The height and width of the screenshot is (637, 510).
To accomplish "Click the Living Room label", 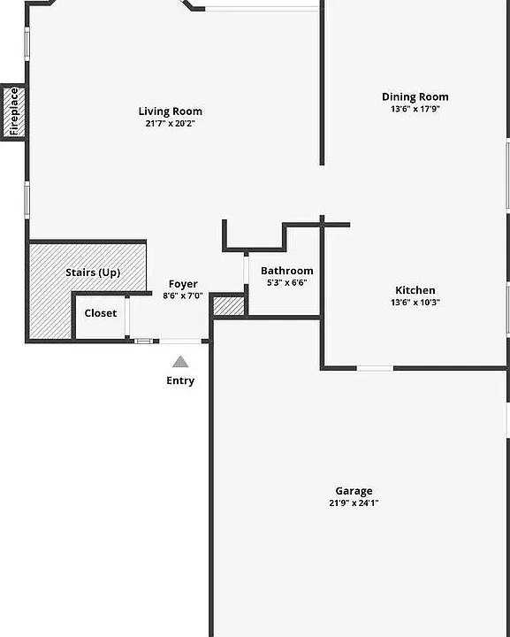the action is pos(171,111).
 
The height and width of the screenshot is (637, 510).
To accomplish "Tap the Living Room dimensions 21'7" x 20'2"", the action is pos(171,123).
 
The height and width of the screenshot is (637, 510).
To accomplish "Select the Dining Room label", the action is pos(415,96).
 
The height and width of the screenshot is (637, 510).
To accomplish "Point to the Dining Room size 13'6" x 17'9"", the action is pos(415,109).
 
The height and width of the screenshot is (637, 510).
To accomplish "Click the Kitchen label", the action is pos(415,290).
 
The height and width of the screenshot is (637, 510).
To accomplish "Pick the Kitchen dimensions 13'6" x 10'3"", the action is pos(415,303).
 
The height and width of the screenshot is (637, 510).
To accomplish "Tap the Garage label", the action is pos(354,491).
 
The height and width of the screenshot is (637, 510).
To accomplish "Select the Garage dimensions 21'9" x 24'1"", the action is pos(354,503).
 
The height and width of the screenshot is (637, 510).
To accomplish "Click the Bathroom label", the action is pos(287,271).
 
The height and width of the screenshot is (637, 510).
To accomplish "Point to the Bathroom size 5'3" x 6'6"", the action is pos(287,282).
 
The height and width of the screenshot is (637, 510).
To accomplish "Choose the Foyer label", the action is pos(183,284).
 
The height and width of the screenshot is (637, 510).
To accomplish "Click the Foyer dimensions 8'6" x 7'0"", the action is pos(183,295).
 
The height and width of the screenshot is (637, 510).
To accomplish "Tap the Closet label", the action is pos(101,313).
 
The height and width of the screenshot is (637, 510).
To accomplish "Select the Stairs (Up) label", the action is pos(93,272).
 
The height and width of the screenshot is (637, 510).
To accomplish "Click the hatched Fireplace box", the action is pos(14,112).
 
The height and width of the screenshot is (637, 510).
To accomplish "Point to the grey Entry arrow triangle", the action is pos(180,362).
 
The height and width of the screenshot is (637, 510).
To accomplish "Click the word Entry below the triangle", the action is pos(180,380).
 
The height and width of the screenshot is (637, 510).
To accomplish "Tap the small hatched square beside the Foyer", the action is pos(229,306).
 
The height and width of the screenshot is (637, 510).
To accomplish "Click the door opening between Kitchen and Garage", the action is pos(375,368).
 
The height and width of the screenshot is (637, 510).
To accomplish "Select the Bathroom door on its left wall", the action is pos(246,270).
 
